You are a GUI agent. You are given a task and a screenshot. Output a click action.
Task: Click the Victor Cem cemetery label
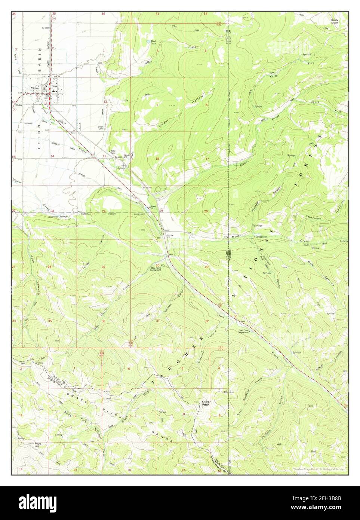click(x=100, y=128)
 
